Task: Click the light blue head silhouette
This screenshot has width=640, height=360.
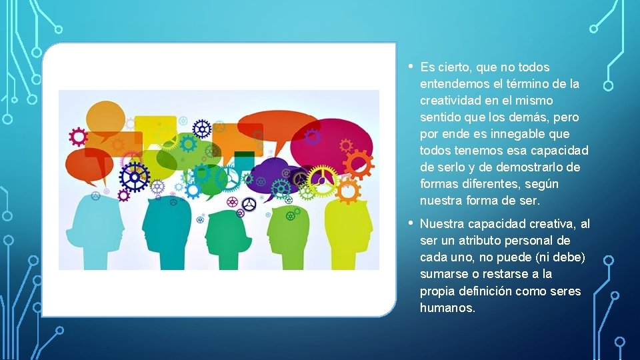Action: tap(96, 233)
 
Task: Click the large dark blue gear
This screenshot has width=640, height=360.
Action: tap(134, 176)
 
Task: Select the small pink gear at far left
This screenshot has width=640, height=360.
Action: tap(79, 137)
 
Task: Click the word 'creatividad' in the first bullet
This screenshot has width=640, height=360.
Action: tap(449, 101)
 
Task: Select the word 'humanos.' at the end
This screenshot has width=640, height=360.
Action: tap(447, 308)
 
